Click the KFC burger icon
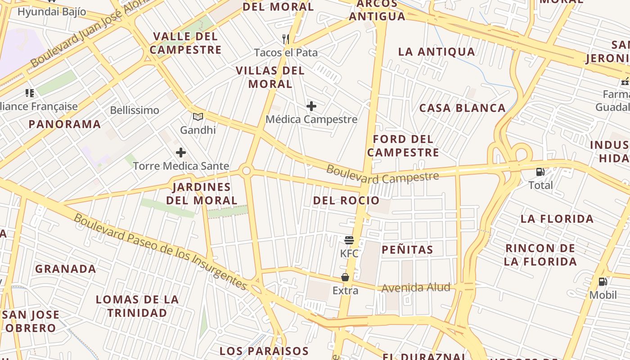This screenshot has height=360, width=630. [349, 240]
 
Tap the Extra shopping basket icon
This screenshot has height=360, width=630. [345, 277]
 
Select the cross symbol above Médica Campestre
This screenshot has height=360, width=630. [311, 107]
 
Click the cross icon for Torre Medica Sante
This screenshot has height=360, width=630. [181, 153]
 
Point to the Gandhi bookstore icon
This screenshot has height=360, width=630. [198, 117]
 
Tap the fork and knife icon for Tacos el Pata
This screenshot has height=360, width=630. [286, 39]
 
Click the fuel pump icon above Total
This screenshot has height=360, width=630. [540, 171]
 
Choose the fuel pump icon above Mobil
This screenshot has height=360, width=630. [603, 282]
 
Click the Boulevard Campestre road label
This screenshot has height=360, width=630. [382, 175]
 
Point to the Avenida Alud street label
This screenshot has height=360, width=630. [416, 288]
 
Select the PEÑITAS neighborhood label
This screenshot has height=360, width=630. [407, 250]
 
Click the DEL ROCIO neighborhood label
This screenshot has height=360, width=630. [346, 201]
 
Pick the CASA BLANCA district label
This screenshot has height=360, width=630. [462, 108]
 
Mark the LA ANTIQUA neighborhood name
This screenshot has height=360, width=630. [436, 52]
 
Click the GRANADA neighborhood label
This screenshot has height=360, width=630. [66, 269]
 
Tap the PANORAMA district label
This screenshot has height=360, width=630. [65, 124]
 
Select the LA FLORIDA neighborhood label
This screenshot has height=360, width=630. [557, 219]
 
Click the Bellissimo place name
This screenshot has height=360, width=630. [135, 110]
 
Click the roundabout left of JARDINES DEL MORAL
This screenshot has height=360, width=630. [246, 171]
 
